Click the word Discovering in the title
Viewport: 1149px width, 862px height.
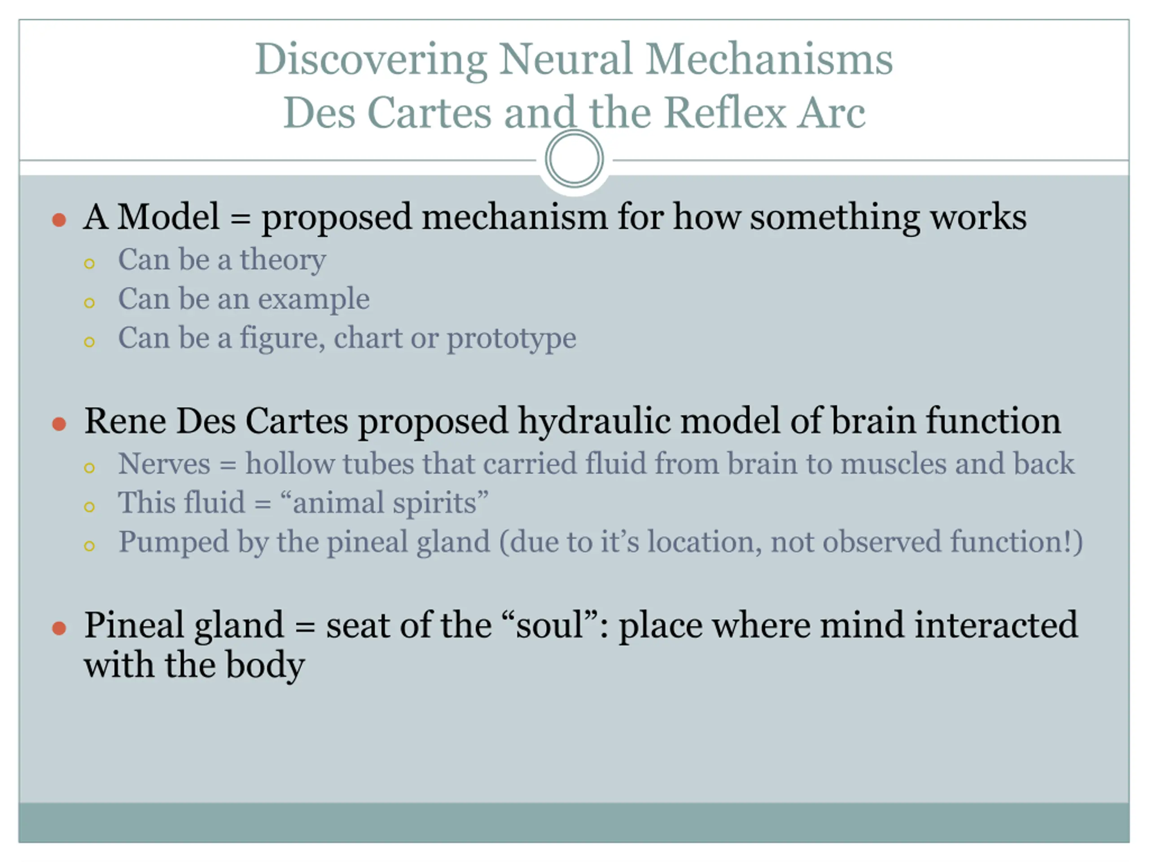(370, 60)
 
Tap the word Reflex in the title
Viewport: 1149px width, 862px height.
(725, 112)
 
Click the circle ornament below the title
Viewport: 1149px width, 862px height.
(574, 158)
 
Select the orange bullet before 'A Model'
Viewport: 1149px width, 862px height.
(60, 220)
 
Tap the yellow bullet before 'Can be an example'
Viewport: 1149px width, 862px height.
(89, 303)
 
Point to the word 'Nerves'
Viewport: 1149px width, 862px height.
(164, 463)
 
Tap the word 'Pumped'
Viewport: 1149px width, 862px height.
(174, 542)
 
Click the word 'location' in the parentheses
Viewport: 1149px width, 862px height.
(704, 542)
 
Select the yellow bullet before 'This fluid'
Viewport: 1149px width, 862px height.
(89, 506)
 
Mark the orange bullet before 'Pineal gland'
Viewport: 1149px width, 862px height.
(60, 629)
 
